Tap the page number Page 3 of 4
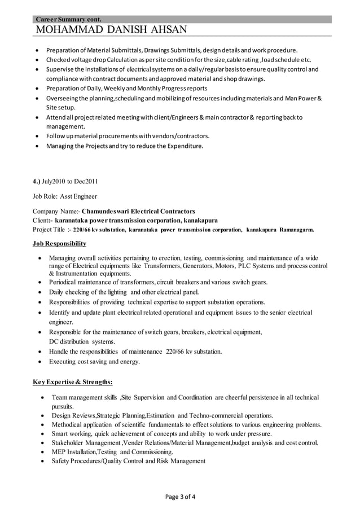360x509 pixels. [180, 497]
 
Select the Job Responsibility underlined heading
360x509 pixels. [59, 244]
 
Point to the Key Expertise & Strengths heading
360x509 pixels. [72, 381]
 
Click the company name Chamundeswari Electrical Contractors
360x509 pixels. [138, 212]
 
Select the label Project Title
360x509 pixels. [49, 230]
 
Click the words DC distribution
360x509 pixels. [73, 341]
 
